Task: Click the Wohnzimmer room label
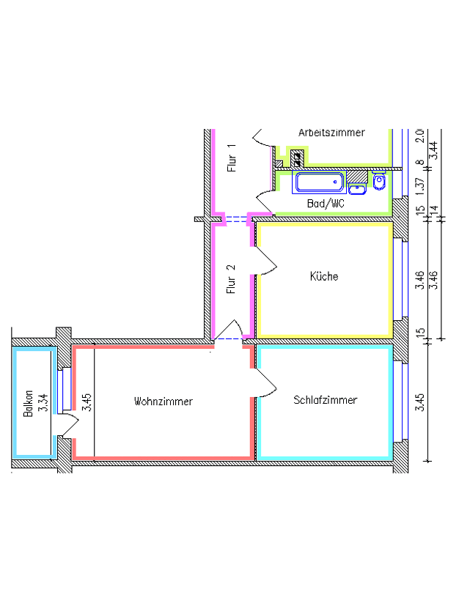[x=163, y=402]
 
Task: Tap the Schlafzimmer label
[x=325, y=400]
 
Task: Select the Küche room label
[x=324, y=276]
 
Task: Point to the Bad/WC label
[x=326, y=204]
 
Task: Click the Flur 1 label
[x=231, y=158]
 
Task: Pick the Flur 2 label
[x=231, y=279]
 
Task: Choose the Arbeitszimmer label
[x=331, y=133]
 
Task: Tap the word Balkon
[x=28, y=404]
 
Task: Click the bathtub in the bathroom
[x=319, y=182]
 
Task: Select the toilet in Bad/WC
[x=379, y=180]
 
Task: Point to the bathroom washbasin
[x=357, y=189]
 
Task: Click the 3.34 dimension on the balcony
[x=43, y=403]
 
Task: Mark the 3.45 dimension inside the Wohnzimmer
[x=87, y=402]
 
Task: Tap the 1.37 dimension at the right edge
[x=421, y=185]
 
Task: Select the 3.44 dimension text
[x=433, y=150]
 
